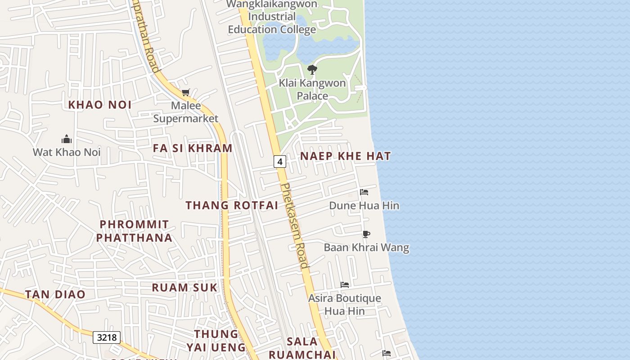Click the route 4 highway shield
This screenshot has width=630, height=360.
click(x=280, y=162)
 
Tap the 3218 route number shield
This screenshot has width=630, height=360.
click(x=107, y=337)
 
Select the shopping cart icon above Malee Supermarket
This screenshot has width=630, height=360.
click(x=185, y=93)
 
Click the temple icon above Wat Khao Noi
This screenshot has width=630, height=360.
click(x=67, y=139)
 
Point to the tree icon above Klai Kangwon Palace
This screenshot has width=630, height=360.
click(x=312, y=69)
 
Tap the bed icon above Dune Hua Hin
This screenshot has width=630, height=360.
click(x=364, y=192)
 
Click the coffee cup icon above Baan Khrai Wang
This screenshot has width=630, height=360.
click(x=366, y=234)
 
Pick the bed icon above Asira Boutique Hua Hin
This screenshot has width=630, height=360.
click(x=345, y=284)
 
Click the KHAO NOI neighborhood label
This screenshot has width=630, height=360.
click(x=100, y=105)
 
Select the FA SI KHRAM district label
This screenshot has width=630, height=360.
click(x=193, y=148)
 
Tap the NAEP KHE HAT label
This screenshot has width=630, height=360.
click(x=346, y=156)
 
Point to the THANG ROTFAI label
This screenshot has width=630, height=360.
click(x=232, y=205)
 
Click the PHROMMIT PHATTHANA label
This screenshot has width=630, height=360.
click(x=134, y=231)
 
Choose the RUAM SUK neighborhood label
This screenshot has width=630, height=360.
click(x=184, y=288)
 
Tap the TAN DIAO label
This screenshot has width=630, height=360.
click(x=55, y=294)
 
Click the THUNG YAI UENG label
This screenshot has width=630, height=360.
click(x=216, y=341)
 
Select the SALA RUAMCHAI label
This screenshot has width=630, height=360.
click(x=302, y=348)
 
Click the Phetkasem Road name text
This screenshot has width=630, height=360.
click(x=295, y=225)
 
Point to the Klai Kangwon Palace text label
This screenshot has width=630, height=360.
click(x=312, y=89)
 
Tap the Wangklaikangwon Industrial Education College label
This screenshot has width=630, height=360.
click(x=272, y=17)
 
